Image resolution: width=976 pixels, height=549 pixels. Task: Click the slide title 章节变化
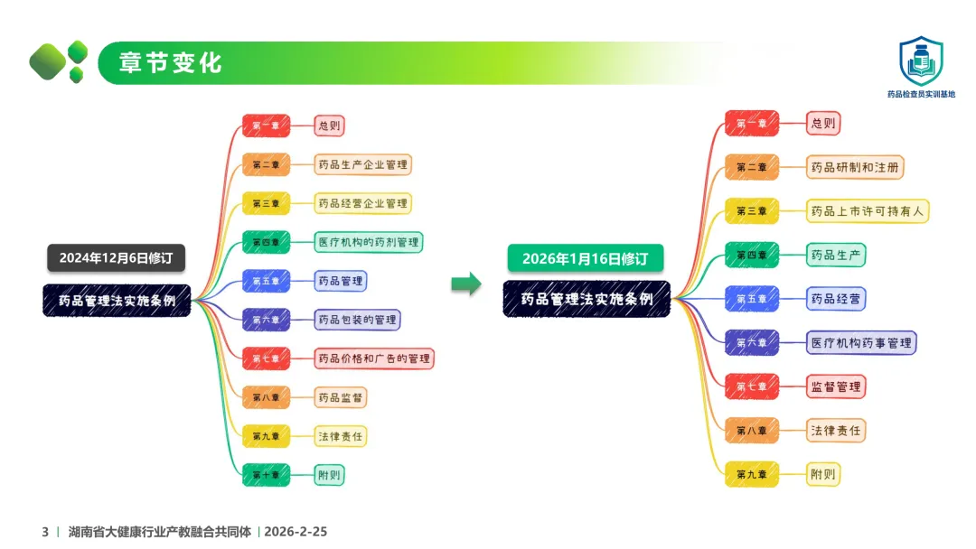pos(171,63)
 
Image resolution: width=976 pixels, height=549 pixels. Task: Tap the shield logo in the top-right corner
pos(920,60)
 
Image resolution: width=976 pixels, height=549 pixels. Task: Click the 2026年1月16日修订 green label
pos(586,258)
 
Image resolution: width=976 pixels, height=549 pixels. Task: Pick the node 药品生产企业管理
pos(363,165)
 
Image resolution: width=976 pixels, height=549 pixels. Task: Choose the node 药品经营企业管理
pos(362,204)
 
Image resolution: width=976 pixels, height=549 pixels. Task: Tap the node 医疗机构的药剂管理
pos(369,242)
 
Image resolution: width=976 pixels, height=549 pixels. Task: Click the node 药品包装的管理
pos(357,320)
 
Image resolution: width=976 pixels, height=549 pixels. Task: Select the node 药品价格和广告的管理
pos(374,358)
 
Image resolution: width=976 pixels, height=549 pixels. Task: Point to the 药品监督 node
pos(341,397)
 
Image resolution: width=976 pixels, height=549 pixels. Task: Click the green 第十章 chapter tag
pos(266,474)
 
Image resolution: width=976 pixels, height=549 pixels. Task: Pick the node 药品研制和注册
pos(855,167)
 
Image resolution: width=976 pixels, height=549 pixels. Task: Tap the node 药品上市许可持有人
pos(868,211)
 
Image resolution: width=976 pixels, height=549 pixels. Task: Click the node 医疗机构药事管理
pos(861,342)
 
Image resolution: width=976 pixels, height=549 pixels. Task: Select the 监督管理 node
pos(836,386)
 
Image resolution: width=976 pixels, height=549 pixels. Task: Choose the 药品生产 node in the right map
pos(836,255)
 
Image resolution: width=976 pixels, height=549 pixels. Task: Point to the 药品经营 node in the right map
pos(836,298)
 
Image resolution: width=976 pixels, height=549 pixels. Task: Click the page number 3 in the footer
pos(45,532)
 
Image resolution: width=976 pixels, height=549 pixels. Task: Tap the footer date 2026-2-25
pos(296,532)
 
